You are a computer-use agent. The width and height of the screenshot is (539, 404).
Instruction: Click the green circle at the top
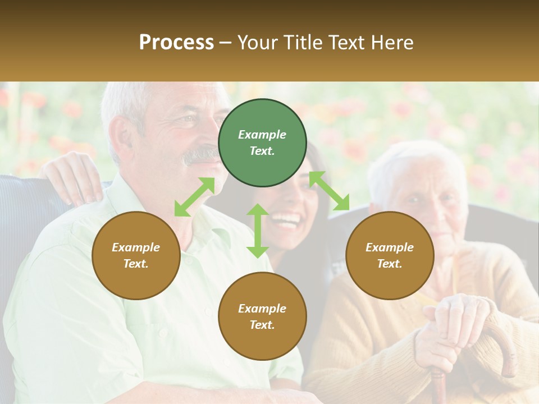(x=262, y=143)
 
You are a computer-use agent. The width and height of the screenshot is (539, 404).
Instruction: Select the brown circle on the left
(x=136, y=256)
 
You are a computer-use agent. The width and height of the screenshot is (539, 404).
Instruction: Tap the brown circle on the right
(x=390, y=256)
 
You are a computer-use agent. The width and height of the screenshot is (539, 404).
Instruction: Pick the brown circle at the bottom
(x=262, y=316)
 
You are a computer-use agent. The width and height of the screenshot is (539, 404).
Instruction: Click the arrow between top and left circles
(x=194, y=197)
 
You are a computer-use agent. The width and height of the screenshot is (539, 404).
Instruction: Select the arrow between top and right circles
(x=329, y=191)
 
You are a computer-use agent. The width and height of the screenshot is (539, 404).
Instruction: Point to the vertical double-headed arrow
(x=258, y=231)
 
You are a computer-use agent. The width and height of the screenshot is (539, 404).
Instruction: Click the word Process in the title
(x=176, y=42)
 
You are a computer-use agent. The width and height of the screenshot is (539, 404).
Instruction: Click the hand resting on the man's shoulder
(x=74, y=177)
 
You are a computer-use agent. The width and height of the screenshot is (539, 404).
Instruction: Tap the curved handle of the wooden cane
(x=503, y=342)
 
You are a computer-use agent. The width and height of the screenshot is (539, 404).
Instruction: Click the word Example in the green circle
(x=262, y=135)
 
